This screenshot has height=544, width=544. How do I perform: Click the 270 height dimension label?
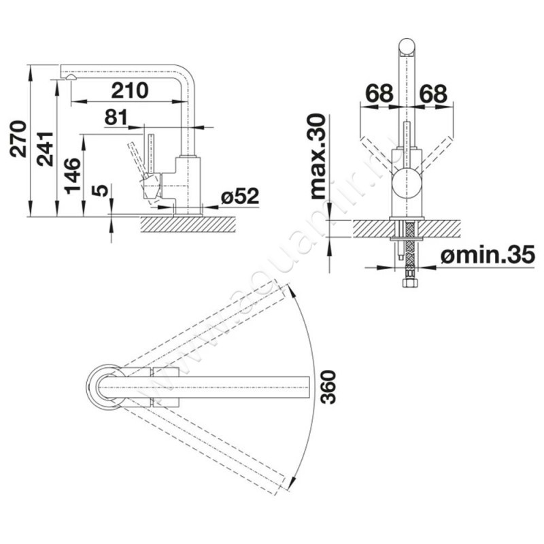tap(18, 139)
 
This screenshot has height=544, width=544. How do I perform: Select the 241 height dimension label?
tap(46, 149)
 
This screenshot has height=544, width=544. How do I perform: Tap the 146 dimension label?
tap(73, 176)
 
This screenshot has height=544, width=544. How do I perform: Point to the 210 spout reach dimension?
tap(130, 90)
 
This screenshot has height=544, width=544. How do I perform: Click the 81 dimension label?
tap(116, 117)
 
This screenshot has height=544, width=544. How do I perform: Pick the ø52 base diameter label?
tap(240, 197)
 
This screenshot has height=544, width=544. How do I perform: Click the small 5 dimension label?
tap(101, 191)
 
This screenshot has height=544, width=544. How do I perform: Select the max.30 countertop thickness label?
tap(318, 156)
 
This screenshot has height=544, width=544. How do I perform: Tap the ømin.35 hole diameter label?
tap(488, 255)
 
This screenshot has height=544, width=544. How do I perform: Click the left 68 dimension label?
tap(379, 93)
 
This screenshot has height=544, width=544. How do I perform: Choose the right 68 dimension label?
tap(433, 93)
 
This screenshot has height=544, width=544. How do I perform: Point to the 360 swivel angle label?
tap(328, 387)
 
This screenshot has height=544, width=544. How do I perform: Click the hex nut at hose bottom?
tap(410, 282)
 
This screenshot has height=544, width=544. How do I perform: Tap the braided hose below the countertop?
tap(410, 248)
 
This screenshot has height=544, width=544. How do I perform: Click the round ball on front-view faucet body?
tap(407, 182)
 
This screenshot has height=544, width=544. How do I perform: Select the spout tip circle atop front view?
tap(407, 47)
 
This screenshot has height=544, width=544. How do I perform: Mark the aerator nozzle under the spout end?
tap(71, 78)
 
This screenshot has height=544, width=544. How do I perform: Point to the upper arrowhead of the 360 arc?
tap(292, 292)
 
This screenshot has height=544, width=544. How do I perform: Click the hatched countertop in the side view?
tap(188, 224)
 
